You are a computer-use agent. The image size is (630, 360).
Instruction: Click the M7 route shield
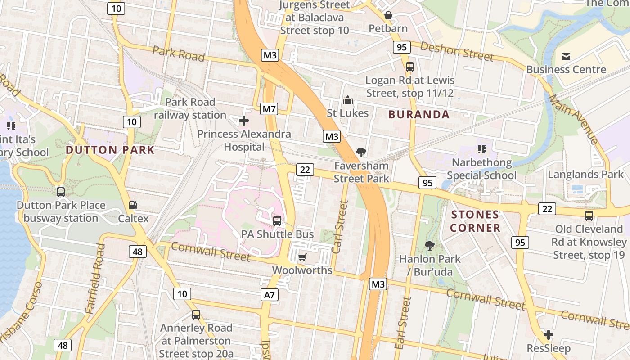tap(269, 109)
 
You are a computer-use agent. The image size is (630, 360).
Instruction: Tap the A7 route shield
tap(269, 295)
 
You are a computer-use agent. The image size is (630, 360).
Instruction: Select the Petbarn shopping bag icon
tap(388, 16)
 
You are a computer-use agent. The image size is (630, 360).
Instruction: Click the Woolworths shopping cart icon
tap(302, 257)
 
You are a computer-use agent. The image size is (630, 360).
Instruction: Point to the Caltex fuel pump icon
tap(133, 205)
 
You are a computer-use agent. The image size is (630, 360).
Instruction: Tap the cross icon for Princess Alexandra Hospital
tap(243, 121)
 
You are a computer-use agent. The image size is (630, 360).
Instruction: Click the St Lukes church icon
tap(347, 100)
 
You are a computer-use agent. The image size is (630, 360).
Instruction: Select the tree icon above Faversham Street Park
tap(361, 153)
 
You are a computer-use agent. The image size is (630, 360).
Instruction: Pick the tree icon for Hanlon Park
tap(430, 246)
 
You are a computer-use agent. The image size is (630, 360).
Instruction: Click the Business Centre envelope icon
tap(566, 56)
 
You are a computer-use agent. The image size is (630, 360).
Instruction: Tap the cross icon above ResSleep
tap(548, 335)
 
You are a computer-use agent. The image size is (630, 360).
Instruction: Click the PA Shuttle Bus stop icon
tap(277, 220)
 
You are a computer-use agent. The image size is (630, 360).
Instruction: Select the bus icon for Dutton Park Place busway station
tap(61, 192)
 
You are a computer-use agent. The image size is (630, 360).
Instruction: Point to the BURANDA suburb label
tap(419, 114)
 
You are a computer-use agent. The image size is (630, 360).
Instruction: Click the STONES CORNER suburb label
tap(475, 221)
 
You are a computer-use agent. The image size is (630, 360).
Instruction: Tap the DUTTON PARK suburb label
tap(110, 150)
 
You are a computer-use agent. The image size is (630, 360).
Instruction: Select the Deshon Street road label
tap(457, 52)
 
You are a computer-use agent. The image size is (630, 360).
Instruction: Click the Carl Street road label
tap(340, 227)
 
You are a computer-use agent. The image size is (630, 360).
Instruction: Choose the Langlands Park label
tap(585, 175)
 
